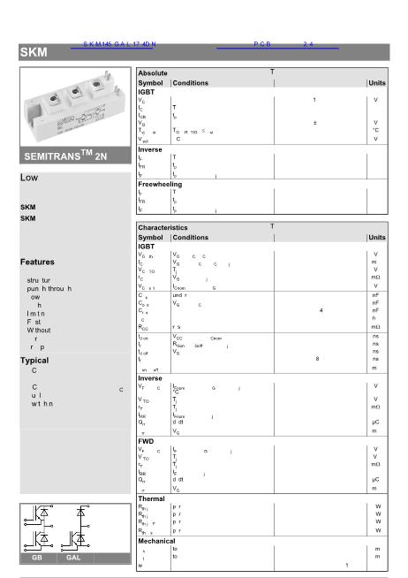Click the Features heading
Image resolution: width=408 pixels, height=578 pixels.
[x=37, y=262]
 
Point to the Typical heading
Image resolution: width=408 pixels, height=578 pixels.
[x=34, y=361]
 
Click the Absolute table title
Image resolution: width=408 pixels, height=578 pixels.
[x=153, y=73]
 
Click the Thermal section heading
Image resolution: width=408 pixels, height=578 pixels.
[x=152, y=498]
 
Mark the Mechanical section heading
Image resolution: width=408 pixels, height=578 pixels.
[x=157, y=541]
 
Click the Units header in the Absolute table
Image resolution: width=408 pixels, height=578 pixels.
[x=377, y=83]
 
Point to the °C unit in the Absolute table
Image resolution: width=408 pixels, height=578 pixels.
[x=375, y=131]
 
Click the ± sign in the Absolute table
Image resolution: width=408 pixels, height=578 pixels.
[x=315, y=123]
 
